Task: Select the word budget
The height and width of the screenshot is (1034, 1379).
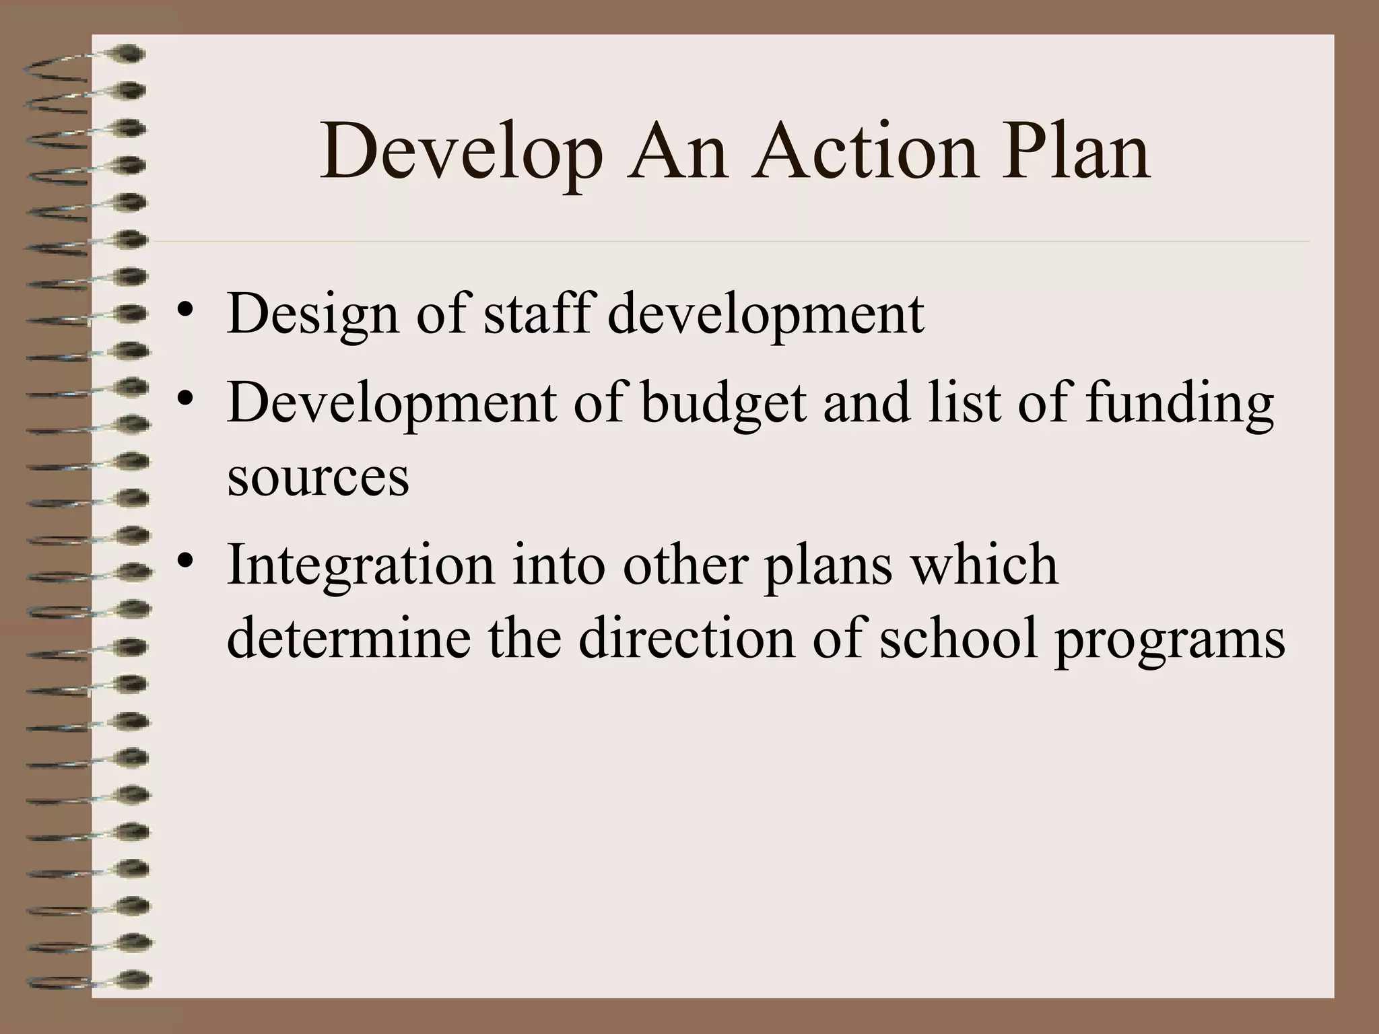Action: point(723,404)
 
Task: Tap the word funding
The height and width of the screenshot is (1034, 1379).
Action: point(1179,404)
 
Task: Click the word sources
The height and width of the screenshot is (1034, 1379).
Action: point(318,477)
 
